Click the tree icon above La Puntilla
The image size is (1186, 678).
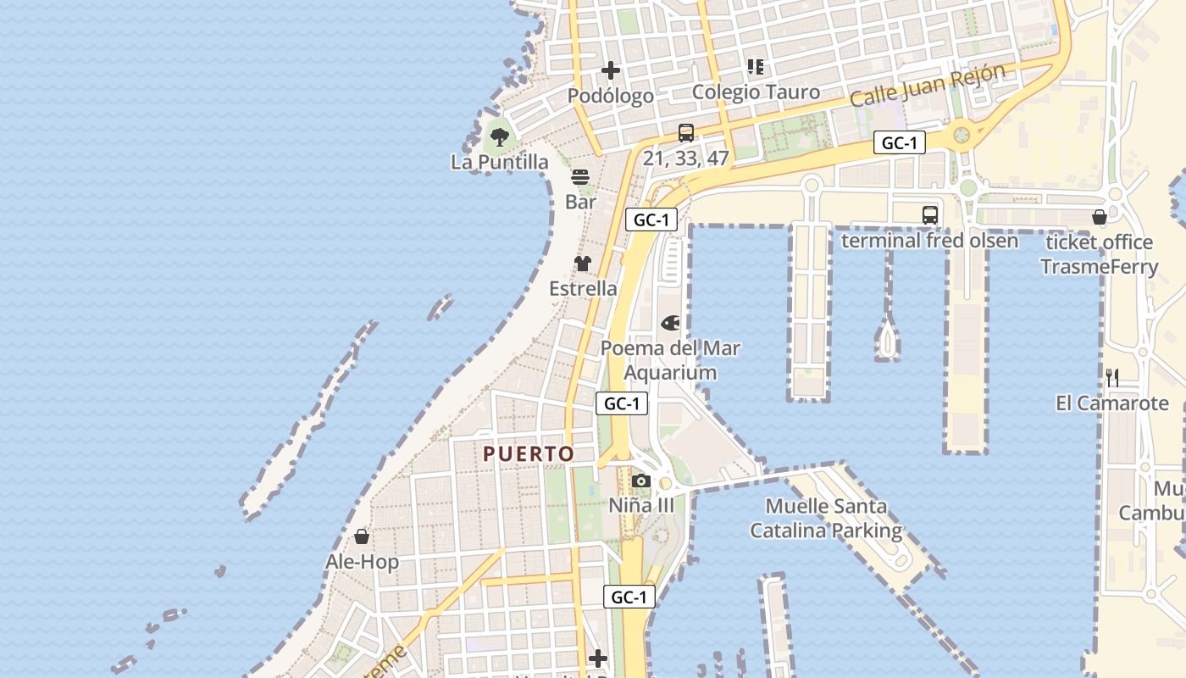click(500, 136)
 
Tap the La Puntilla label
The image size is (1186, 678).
click(500, 162)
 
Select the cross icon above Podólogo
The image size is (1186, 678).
click(610, 70)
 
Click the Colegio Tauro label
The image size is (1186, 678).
click(756, 92)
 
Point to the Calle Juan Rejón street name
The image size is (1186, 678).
click(927, 85)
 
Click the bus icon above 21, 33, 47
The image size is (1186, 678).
click(686, 133)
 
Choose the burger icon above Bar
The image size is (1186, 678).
click(580, 177)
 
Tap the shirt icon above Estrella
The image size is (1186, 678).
click(582, 264)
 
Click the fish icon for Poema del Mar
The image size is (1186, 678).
click(670, 323)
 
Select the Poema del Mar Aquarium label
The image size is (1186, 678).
click(670, 360)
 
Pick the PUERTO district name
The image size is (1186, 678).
click(529, 454)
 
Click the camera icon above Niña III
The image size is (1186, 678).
click(641, 481)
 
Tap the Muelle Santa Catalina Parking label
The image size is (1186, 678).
click(826, 519)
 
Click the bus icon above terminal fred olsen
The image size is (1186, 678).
click(929, 215)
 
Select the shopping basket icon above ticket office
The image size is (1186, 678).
click(1100, 217)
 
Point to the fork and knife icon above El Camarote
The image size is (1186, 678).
click(1112, 378)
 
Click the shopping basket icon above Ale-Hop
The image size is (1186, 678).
click(362, 536)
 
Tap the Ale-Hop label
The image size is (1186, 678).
click(362, 562)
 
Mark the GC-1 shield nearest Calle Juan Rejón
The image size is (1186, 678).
click(899, 143)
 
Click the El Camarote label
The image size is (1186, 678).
click(1111, 403)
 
